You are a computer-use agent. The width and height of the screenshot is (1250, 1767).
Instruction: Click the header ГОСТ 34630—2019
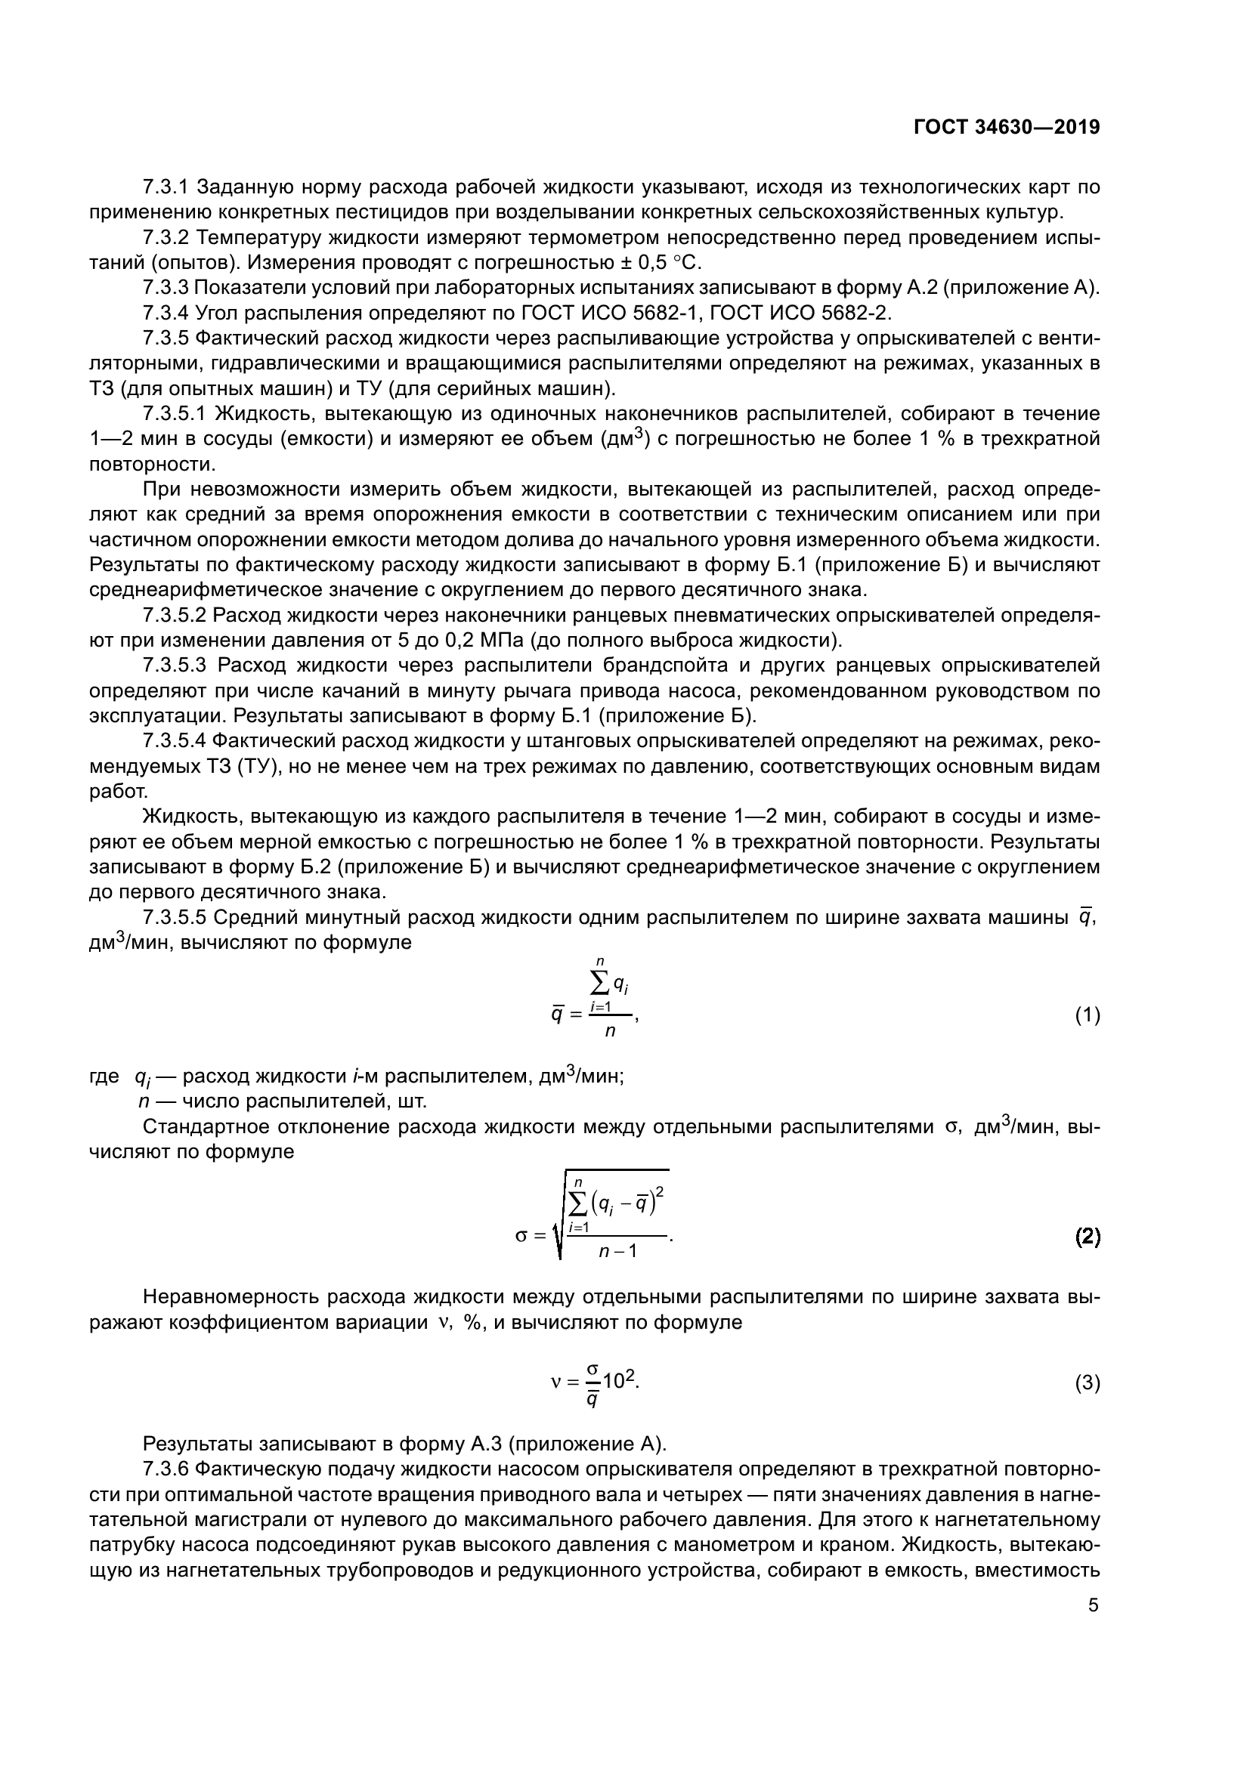pyautogui.click(x=1007, y=127)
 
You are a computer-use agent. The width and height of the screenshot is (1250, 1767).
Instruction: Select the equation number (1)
pyautogui.click(x=1088, y=1016)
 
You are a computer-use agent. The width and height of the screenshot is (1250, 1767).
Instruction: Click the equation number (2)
pyautogui.click(x=1088, y=1237)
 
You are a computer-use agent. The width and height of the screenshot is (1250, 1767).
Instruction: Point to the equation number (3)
pyautogui.click(x=1088, y=1383)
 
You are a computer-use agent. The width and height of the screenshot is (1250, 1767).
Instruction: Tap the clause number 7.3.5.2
pyautogui.click(x=175, y=616)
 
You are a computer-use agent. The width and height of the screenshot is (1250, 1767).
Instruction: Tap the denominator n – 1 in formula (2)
pyautogui.click(x=617, y=1250)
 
